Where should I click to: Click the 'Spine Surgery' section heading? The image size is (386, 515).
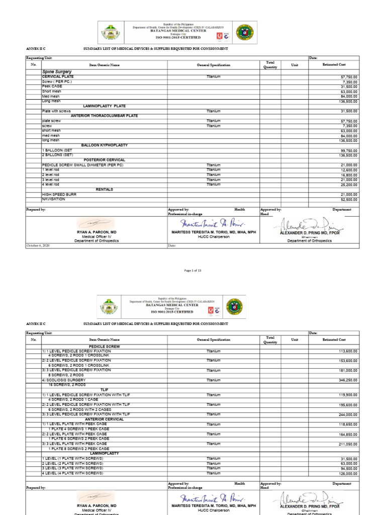(57, 72)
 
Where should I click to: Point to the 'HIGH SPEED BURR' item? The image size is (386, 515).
(59, 194)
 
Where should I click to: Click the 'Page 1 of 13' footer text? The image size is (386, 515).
(193, 271)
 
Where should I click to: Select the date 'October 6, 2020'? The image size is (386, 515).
(38, 245)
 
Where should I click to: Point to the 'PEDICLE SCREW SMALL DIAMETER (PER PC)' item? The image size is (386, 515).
(82, 165)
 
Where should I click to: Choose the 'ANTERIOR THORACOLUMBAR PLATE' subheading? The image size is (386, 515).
(104, 116)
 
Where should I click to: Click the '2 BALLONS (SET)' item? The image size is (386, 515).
(58, 155)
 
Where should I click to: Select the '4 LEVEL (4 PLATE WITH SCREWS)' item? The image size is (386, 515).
(72, 473)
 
